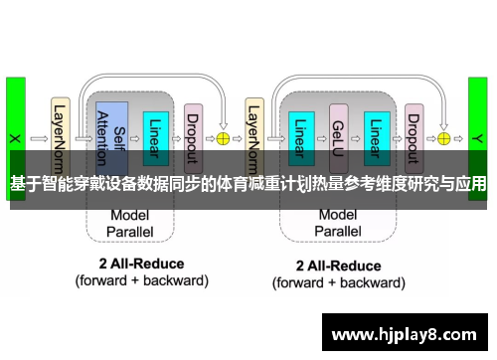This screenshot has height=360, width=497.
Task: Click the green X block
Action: [x=15, y=134]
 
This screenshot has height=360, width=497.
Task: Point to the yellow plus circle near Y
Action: [x=443, y=138]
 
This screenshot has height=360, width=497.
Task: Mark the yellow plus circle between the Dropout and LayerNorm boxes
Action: [x=223, y=138]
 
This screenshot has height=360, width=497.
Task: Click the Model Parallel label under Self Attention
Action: [x=130, y=222]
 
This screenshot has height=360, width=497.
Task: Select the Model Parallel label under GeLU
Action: [x=337, y=222]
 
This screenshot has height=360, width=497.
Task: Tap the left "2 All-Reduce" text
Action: [x=141, y=265]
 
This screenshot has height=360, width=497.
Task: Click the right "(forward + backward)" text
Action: [x=339, y=281]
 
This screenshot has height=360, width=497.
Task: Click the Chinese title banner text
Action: [x=248, y=184]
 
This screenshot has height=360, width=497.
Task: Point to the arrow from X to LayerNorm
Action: [x=39, y=138]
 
